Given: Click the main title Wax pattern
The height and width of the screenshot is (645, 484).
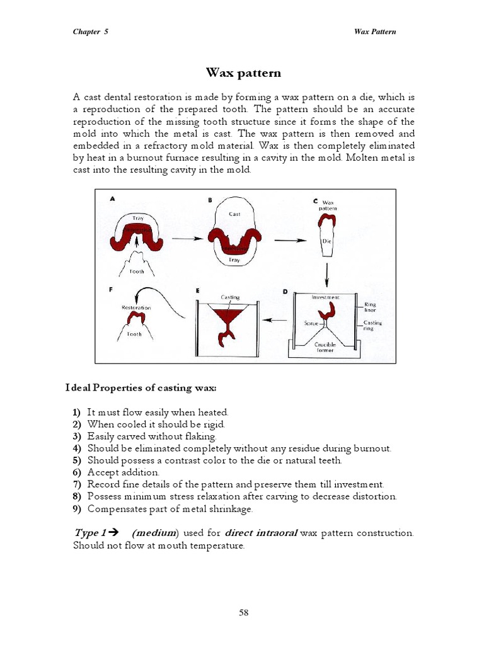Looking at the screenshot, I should point(243,72).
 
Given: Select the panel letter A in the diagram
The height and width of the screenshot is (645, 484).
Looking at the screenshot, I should point(112,198).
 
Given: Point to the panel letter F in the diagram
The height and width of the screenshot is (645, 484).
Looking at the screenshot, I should point(112,291).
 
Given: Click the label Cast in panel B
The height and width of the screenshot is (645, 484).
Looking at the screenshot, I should point(234,214).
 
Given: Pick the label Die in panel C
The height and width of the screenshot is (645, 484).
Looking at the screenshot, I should point(326,241).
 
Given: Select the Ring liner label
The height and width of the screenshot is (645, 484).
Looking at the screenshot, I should point(371,307).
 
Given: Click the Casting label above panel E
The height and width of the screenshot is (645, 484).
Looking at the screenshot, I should point(229,297).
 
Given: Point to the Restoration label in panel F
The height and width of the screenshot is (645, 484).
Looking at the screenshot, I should point(136,307).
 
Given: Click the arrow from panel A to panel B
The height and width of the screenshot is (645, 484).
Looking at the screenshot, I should point(184,239).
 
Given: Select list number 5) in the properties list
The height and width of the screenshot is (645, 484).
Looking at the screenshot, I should point(77,460).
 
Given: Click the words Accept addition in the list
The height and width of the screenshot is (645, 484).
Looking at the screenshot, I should point(124,472).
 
